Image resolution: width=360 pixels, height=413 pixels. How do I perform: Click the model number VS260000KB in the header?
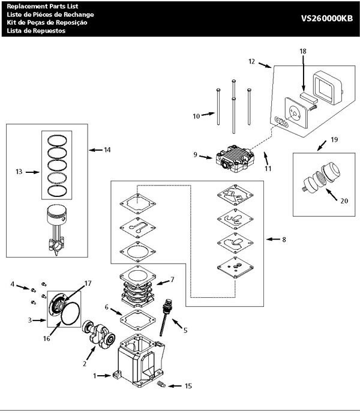click(x=327, y=18)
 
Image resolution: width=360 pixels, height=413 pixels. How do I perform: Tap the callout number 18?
click(x=303, y=52)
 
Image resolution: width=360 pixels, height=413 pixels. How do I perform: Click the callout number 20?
click(x=343, y=200)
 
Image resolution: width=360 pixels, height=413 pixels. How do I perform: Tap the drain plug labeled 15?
click(x=160, y=383)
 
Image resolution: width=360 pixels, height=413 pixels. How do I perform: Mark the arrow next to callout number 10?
click(x=206, y=113)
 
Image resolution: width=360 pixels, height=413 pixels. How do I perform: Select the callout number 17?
click(x=87, y=283)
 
